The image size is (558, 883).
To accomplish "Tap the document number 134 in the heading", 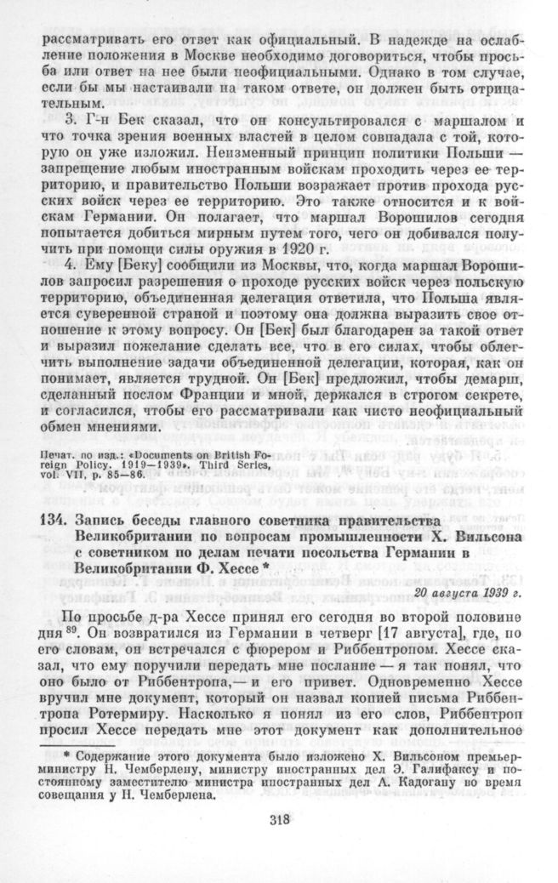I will pos(54,520).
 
